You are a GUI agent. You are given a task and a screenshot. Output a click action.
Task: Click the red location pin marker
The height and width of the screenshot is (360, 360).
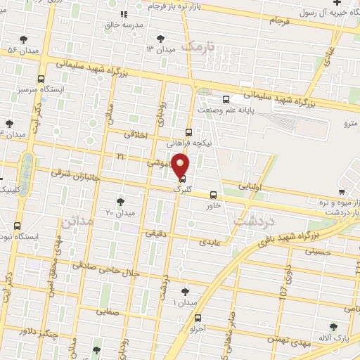click(x=181, y=166)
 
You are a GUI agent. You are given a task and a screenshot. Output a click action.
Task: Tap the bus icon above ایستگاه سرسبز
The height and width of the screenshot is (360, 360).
click(x=41, y=79)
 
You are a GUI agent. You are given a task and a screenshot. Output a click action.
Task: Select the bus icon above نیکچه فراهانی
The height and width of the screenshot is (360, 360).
click(x=188, y=131)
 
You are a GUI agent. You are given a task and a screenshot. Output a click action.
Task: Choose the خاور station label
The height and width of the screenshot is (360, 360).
click(x=214, y=205)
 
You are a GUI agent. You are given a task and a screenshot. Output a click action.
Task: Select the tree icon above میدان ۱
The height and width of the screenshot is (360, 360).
click(x=185, y=291)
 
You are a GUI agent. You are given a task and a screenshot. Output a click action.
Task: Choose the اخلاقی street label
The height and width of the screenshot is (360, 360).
click(x=136, y=133)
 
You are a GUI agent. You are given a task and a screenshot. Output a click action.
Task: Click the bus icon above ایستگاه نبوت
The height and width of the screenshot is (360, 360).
click(x=18, y=226)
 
